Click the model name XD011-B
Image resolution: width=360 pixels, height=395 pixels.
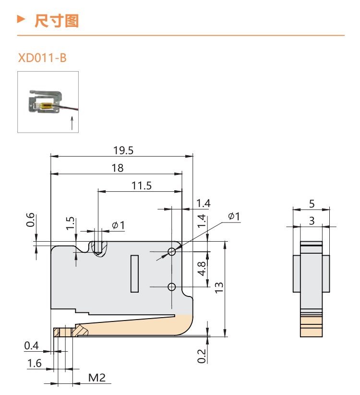pyautogui.click(x=42, y=59)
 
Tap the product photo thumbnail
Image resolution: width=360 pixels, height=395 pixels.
pyautogui.click(x=48, y=102)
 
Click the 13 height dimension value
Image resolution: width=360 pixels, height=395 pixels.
pyautogui.click(x=219, y=287)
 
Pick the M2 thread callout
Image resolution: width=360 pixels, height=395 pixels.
pyautogui.click(x=96, y=378)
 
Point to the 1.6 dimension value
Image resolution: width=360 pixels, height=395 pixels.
pyautogui.click(x=34, y=363)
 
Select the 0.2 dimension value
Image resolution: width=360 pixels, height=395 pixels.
pyautogui.click(x=202, y=356)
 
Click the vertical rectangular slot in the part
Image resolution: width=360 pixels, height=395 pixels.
pyautogui.click(x=134, y=273)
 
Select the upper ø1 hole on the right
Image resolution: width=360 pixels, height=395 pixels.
pyautogui.click(x=171, y=251)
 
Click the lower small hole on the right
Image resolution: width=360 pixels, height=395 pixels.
pyautogui.click(x=171, y=287)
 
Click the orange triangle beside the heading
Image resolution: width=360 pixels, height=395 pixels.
pyautogui.click(x=20, y=20)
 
